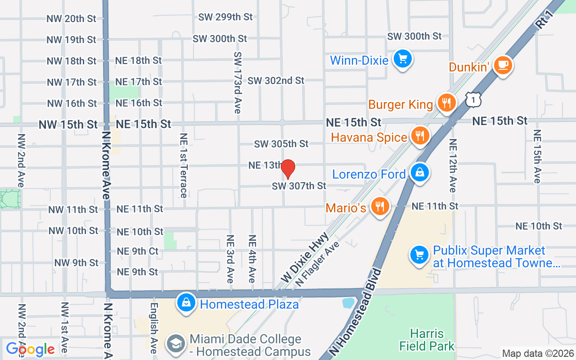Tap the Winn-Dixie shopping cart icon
(x=402, y=59)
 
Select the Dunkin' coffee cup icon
(x=503, y=66)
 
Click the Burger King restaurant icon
(x=446, y=103)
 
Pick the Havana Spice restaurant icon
(x=420, y=135)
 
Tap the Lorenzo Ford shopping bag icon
(x=419, y=172)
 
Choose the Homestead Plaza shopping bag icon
(x=186, y=303)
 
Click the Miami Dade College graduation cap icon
(x=176, y=344)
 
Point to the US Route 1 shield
(x=474, y=99)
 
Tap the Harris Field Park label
(x=427, y=340)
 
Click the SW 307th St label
(x=299, y=185)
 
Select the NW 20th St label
(x=72, y=18)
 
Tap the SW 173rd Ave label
(x=237, y=82)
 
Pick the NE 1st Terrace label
(x=183, y=165)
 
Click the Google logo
(x=30, y=349)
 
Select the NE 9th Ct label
(x=138, y=251)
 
